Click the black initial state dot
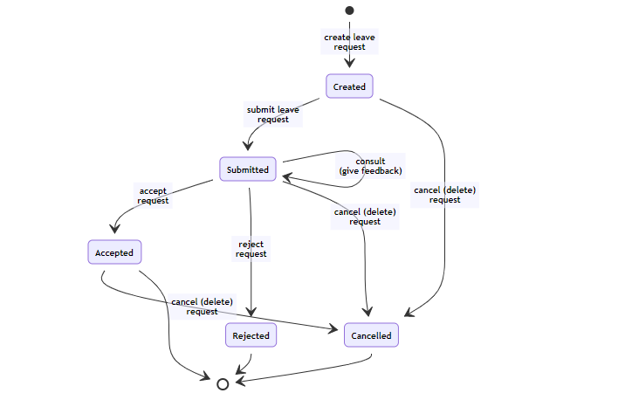click(349, 10)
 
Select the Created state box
click(349, 86)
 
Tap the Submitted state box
click(248, 169)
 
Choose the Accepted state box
click(114, 252)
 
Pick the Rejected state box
click(251, 335)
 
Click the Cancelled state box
click(371, 335)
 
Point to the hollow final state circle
click(223, 384)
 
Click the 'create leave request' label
click(349, 42)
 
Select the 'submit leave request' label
click(273, 114)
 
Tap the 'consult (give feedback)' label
click(370, 166)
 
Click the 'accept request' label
click(153, 196)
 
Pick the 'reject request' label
click(251, 249)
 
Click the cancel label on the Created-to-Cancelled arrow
click(444, 195)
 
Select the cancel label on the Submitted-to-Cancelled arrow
click(365, 217)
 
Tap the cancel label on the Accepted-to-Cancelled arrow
click(202, 307)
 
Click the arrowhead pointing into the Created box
click(349, 63)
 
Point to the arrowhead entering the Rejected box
click(251, 312)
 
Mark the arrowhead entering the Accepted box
click(115, 229)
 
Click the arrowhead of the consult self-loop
click(286, 177)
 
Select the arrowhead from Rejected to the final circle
click(241, 369)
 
